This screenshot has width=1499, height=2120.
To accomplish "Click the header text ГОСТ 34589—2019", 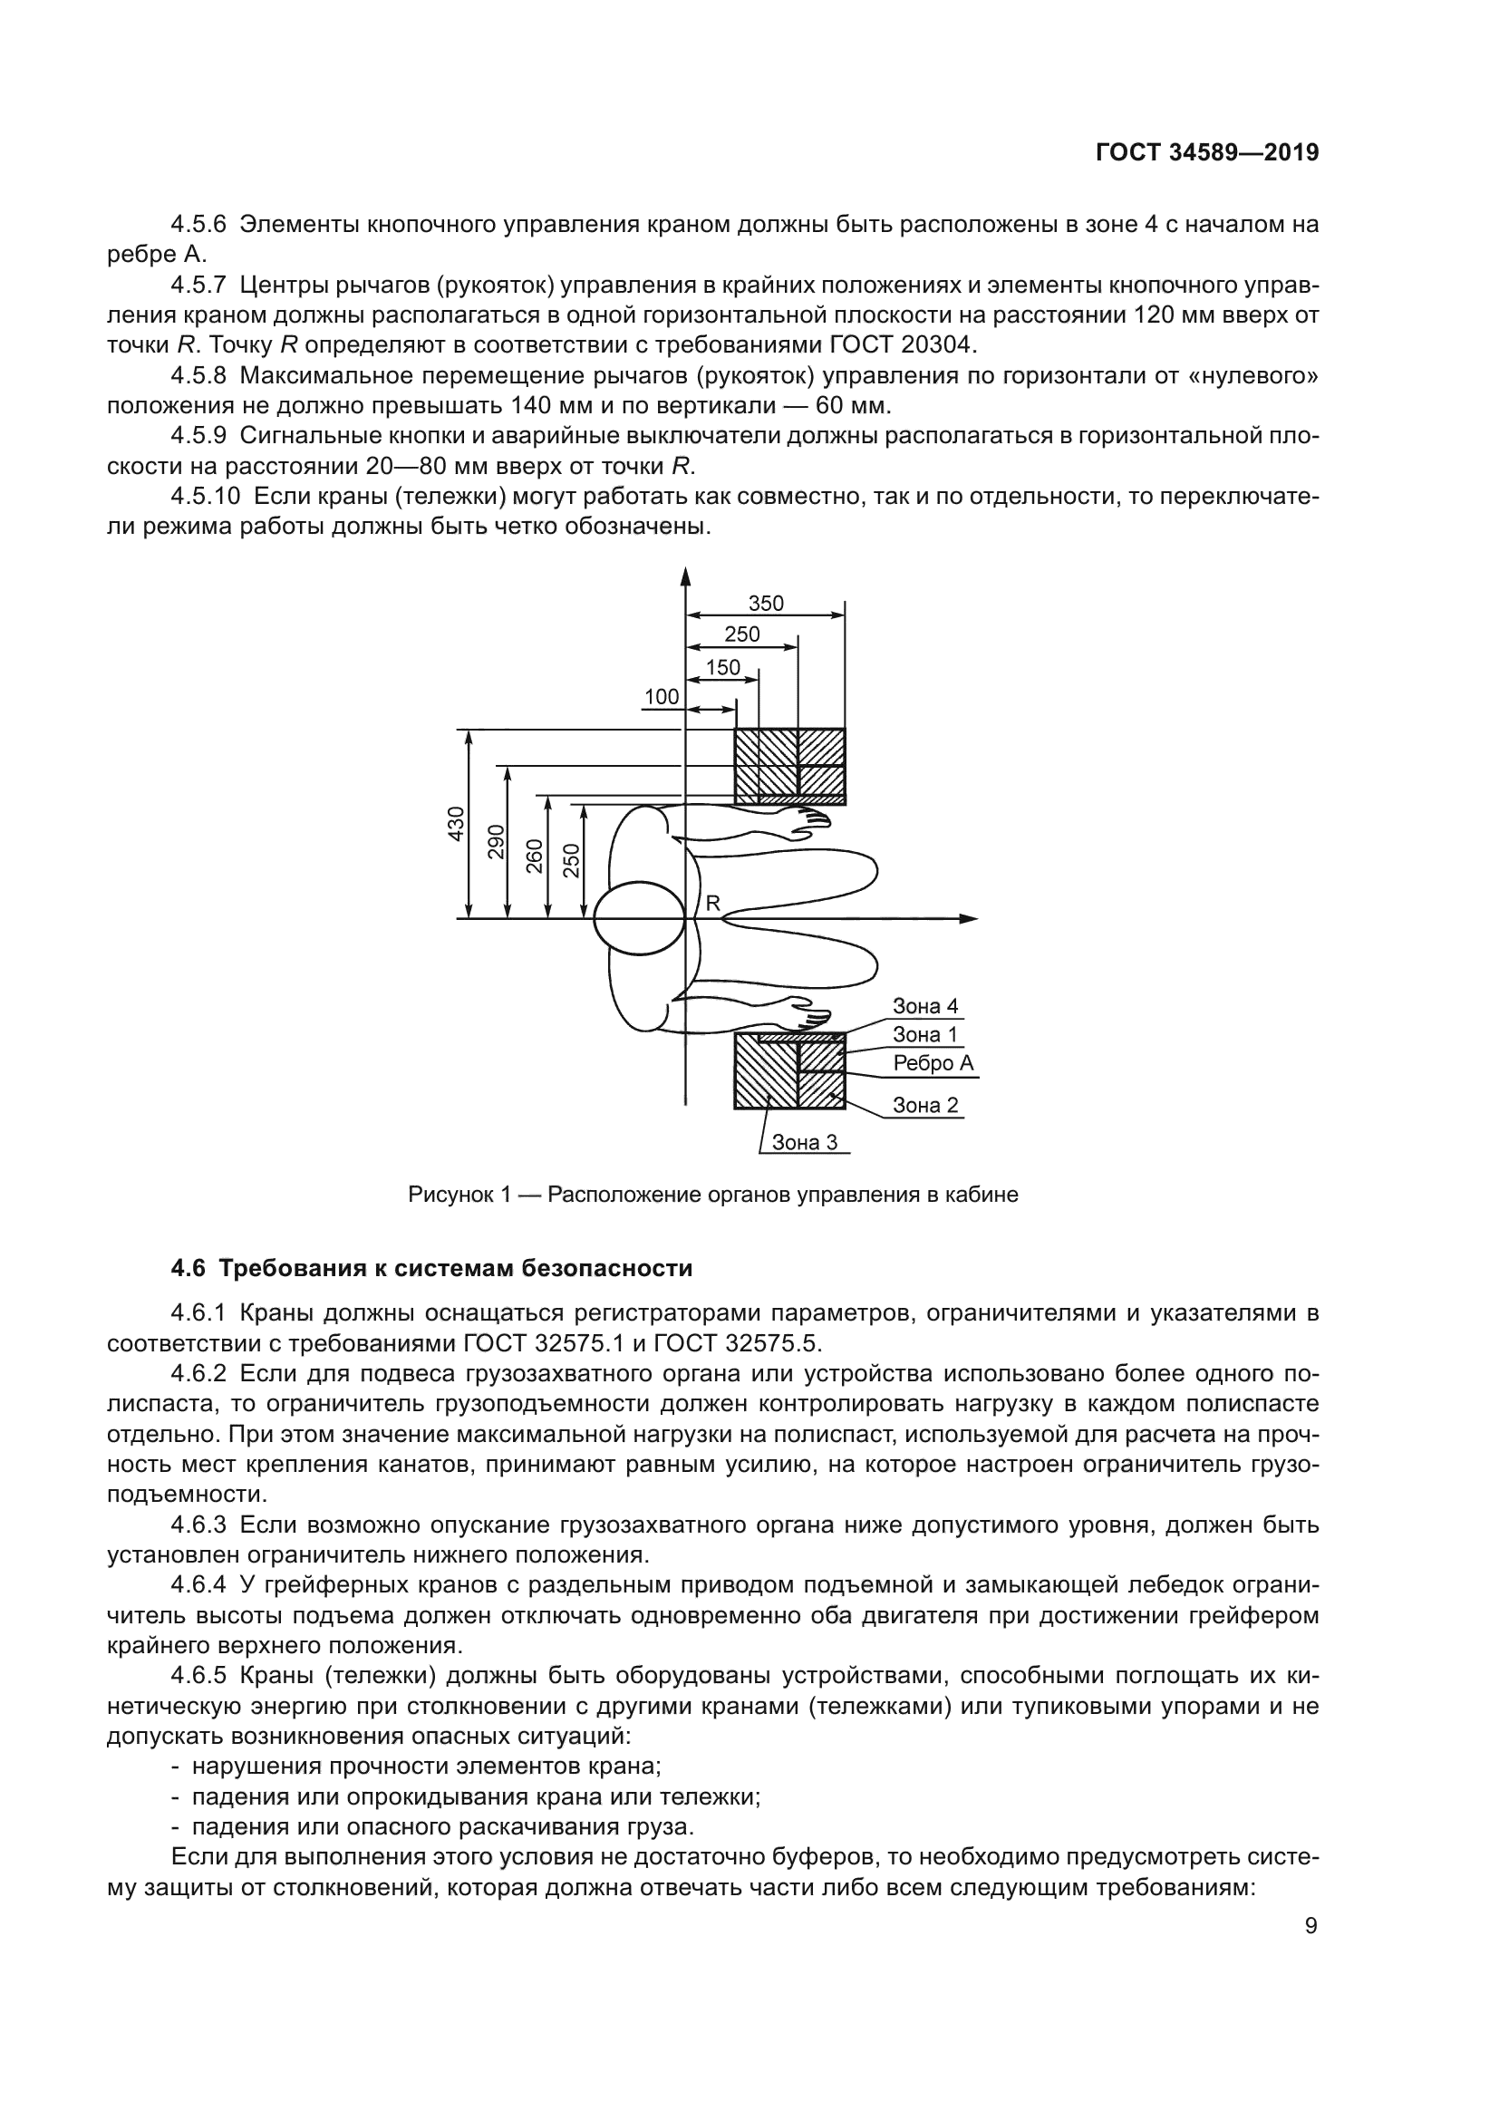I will (x=1206, y=152).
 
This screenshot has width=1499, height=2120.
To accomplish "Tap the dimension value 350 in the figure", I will (x=765, y=603).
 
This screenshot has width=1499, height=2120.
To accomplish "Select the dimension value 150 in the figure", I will (x=722, y=668).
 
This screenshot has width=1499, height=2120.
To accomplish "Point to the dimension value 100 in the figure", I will (x=661, y=697).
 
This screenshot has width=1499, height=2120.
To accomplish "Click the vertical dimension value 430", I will (x=456, y=824).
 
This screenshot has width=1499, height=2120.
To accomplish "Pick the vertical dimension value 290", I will (x=496, y=841).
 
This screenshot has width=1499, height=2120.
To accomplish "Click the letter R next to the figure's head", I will (x=712, y=904).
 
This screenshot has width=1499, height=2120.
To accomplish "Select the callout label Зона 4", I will (x=925, y=1006).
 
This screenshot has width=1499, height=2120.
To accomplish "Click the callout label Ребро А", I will (x=933, y=1063).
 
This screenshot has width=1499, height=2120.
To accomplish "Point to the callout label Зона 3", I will (x=804, y=1142).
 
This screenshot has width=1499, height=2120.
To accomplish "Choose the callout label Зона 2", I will (x=925, y=1105).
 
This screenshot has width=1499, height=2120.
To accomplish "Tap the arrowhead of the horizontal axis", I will (x=968, y=919).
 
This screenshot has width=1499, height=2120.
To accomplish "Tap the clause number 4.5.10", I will (x=205, y=497).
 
